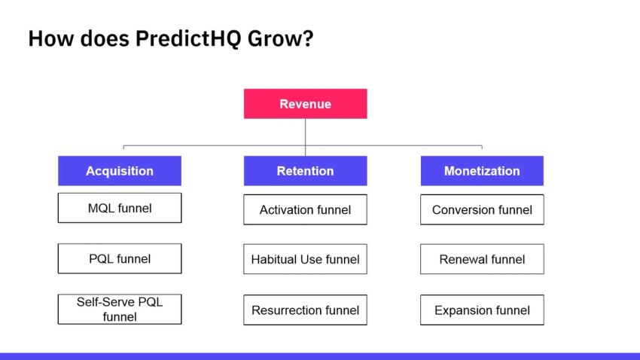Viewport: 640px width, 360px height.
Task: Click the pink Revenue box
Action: tap(305, 104)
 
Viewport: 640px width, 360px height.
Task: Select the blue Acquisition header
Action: tap(120, 171)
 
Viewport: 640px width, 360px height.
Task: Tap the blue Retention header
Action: tap(305, 171)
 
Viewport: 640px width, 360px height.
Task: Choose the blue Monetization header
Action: tap(482, 171)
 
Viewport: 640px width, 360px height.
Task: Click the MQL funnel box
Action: tap(120, 208)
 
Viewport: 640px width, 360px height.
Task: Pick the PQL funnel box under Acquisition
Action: tap(120, 258)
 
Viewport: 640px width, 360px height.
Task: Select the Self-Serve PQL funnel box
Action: tap(120, 309)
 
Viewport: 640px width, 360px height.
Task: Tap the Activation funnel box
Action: tap(305, 209)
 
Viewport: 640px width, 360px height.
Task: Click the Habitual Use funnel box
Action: tap(305, 259)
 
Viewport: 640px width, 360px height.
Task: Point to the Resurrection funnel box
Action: tap(305, 310)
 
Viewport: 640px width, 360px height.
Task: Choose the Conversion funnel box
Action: tap(482, 209)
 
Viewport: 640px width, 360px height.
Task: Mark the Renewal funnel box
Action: tap(482, 259)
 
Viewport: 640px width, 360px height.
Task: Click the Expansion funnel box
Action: tap(482, 310)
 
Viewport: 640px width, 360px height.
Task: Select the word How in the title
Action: tap(47, 38)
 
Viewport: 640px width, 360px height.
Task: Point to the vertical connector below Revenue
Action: tap(305, 132)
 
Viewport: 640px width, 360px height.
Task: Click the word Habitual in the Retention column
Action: tap(275, 259)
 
